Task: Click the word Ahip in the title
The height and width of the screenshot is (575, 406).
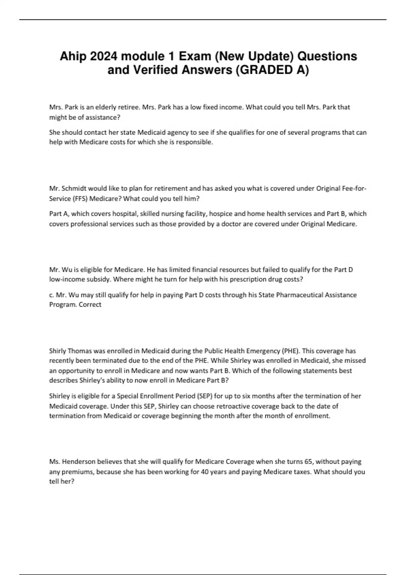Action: [73, 56]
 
